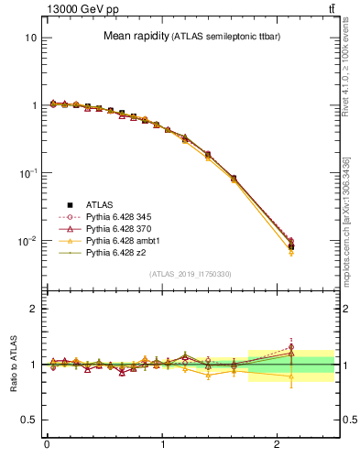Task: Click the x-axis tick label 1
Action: coord(163,445)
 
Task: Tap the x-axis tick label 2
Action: coord(278,445)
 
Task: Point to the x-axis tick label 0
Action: coord(47,445)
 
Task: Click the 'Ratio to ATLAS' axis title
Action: coord(14,365)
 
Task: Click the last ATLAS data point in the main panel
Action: coord(291,246)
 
